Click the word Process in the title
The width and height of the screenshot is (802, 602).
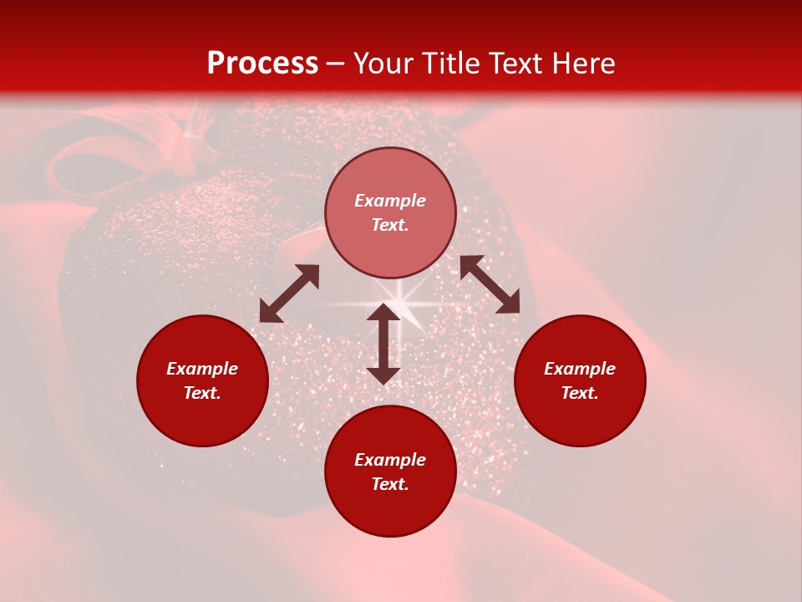(x=262, y=63)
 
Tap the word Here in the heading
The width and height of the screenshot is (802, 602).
(x=581, y=63)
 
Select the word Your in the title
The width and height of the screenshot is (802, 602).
(x=384, y=63)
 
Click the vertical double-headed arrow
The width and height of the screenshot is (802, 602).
(x=383, y=344)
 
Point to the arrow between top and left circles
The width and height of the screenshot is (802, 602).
(x=289, y=293)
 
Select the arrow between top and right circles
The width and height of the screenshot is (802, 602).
(x=490, y=284)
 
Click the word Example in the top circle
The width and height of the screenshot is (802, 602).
(x=390, y=201)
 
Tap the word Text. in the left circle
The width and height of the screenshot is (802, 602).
(x=202, y=393)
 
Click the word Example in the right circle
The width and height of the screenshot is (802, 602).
(x=580, y=369)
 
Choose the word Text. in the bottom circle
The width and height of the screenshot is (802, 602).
(x=390, y=484)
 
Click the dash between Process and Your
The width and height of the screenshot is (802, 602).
(x=336, y=64)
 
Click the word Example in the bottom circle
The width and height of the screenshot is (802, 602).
(x=390, y=460)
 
